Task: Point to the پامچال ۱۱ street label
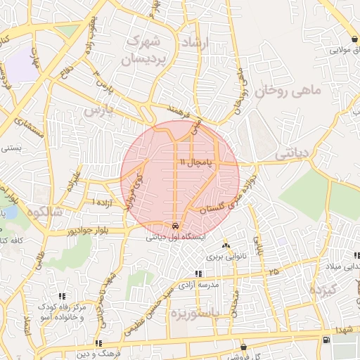[x=194, y=162]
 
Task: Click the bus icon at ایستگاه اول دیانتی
[x=174, y=226]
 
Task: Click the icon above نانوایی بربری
[x=226, y=245]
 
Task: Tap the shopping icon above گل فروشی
[x=243, y=347]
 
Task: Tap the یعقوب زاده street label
[x=92, y=21]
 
